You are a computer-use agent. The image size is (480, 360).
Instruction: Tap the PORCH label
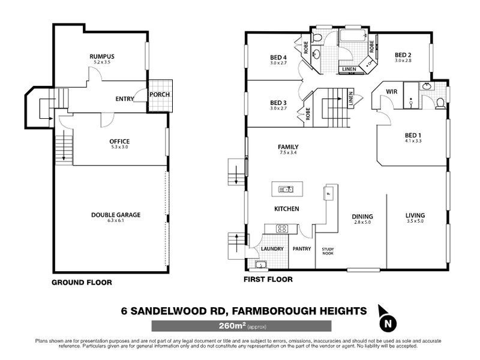tap(159, 94)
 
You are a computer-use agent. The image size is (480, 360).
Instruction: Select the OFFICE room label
tap(119, 141)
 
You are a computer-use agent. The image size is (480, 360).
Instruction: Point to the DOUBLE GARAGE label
tap(119, 214)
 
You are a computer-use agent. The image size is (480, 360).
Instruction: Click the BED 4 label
tap(279, 58)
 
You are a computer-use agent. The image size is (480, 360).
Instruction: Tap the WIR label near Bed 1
tap(392, 92)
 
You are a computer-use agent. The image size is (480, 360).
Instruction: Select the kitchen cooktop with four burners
tap(281, 228)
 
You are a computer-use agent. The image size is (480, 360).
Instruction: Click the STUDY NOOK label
tap(328, 251)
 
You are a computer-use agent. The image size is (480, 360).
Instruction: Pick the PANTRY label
tap(301, 248)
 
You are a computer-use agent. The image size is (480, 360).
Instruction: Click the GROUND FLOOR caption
tap(81, 282)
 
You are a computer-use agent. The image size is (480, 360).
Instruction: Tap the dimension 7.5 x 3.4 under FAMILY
tap(288, 154)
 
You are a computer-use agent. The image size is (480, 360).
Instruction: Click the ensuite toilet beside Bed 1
tap(440, 103)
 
